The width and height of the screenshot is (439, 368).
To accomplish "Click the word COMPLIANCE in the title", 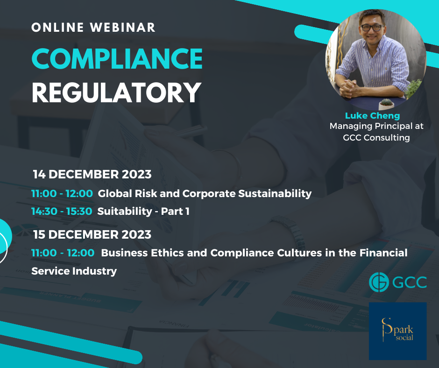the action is click(117, 58).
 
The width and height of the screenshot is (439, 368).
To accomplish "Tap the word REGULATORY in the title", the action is click(116, 92).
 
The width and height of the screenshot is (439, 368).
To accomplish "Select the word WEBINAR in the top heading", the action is click(123, 28).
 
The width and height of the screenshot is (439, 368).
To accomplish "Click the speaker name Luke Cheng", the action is click(372, 115).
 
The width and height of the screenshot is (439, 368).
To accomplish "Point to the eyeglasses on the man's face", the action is click(372, 28).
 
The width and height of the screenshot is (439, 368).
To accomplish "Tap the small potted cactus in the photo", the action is click(387, 104).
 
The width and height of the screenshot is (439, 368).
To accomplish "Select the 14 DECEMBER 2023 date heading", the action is click(92, 174).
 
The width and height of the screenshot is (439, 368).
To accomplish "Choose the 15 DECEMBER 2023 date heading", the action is click(92, 234).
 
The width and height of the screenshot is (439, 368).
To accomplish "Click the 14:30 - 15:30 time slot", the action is click(62, 211).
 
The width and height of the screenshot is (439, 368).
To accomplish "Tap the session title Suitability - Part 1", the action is click(143, 211).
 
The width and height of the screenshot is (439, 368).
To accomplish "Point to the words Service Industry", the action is click(74, 271).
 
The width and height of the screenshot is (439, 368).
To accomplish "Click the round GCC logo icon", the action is click(379, 282).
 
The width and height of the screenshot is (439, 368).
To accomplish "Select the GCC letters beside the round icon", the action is click(409, 282).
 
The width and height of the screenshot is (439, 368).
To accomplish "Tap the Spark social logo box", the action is click(397, 331).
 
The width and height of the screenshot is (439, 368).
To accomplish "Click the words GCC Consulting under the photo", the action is click(376, 137).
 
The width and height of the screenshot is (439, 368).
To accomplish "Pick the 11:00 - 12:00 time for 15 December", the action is click(63, 253).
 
